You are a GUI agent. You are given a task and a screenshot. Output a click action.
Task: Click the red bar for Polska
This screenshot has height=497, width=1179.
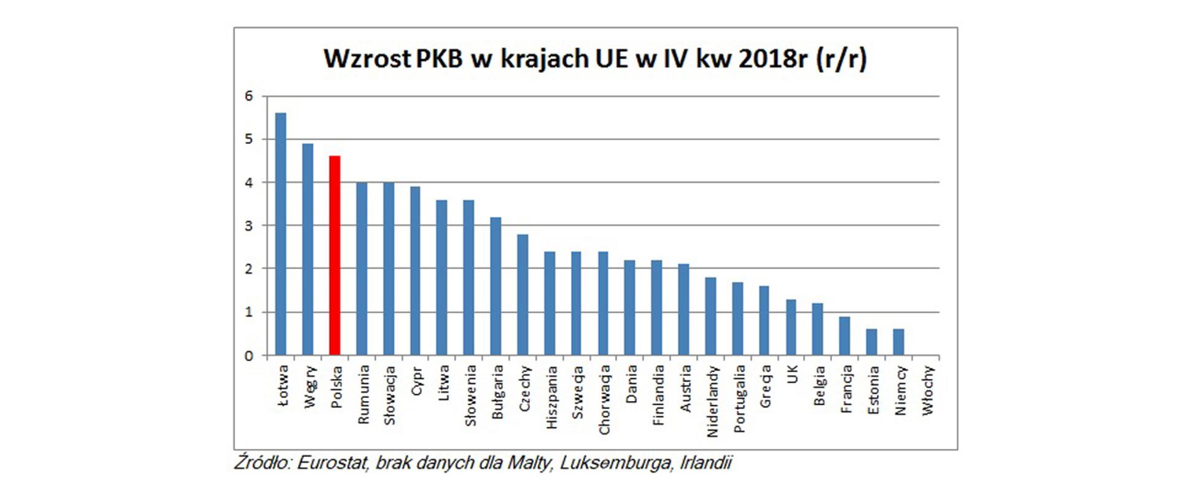(x=335, y=256)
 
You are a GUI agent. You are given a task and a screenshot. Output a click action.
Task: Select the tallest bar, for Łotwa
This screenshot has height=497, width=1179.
(x=281, y=234)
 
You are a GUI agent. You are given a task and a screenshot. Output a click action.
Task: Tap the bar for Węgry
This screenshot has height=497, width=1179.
(x=308, y=250)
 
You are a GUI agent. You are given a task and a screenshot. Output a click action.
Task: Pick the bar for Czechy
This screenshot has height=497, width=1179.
(x=523, y=295)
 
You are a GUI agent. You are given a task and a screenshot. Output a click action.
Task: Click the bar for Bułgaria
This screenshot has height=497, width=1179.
(x=496, y=287)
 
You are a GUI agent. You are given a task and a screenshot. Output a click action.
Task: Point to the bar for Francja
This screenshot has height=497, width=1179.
(x=845, y=336)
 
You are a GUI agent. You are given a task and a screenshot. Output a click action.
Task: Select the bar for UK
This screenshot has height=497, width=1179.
(x=791, y=328)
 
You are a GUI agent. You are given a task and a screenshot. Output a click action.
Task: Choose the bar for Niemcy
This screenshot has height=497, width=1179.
(x=899, y=342)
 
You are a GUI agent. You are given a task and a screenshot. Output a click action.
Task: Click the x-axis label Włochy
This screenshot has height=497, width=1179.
(x=927, y=390)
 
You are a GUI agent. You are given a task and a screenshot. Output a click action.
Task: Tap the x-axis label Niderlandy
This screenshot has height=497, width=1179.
(x=712, y=401)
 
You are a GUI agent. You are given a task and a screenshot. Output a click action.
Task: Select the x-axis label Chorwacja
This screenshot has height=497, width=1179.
(x=604, y=400)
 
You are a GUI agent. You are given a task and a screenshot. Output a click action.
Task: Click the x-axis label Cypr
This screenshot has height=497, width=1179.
(x=417, y=381)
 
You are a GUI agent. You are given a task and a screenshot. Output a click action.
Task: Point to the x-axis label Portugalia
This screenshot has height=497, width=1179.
(x=739, y=399)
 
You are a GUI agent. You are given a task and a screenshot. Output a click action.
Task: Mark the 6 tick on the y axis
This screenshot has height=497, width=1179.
(x=249, y=96)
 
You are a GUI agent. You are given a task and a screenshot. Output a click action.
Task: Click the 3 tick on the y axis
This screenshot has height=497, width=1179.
(x=249, y=226)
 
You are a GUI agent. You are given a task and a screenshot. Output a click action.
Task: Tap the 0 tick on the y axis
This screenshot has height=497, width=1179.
(x=249, y=356)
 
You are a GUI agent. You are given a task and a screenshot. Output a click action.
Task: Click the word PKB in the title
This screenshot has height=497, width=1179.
(x=439, y=59)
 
